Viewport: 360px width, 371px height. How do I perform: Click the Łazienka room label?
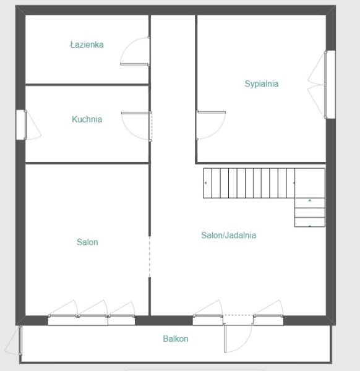click(x=87, y=45)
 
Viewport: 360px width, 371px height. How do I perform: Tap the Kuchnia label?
click(x=87, y=119)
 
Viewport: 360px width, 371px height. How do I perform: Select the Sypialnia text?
click(x=262, y=83)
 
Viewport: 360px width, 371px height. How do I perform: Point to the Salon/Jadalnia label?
click(x=228, y=235)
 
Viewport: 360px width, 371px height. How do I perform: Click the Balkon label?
click(x=176, y=339)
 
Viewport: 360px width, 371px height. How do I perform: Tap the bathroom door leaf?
click(x=134, y=64)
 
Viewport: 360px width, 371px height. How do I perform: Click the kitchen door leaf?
click(x=135, y=113)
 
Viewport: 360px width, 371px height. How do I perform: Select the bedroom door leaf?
click(x=211, y=112)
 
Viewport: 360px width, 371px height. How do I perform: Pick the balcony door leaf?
click(x=225, y=339)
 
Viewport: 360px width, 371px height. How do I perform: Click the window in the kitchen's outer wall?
click(x=21, y=125)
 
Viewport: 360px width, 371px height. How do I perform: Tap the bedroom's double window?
click(x=330, y=85)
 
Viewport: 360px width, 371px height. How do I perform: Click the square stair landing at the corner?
click(x=309, y=183)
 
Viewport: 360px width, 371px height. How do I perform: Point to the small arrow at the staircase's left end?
click(x=205, y=183)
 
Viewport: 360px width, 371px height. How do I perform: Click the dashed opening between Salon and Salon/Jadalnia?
click(x=149, y=257)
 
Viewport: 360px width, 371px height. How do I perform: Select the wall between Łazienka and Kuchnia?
click(x=87, y=85)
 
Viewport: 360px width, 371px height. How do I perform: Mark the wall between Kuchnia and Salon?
click(x=87, y=163)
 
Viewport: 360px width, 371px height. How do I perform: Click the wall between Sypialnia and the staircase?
click(x=260, y=163)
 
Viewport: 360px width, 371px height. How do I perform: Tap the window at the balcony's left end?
click(x=20, y=340)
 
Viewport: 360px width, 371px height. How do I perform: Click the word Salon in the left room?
click(x=87, y=242)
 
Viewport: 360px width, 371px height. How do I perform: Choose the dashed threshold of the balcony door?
click(x=238, y=315)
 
